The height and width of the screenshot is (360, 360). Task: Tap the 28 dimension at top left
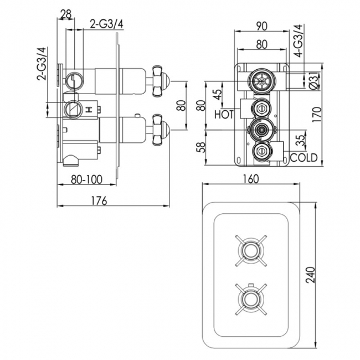pos(65,14)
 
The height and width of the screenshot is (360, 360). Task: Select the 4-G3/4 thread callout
pos(298,42)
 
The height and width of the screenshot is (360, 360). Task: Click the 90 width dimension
pos(263,25)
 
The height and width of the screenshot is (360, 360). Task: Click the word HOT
pos(224,114)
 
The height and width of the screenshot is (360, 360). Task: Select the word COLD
pos(304,158)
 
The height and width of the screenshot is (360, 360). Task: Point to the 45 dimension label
pos(217,94)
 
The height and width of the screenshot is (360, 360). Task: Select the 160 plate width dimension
pos(251,179)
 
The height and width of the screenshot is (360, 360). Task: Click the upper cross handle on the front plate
pos(250,250)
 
